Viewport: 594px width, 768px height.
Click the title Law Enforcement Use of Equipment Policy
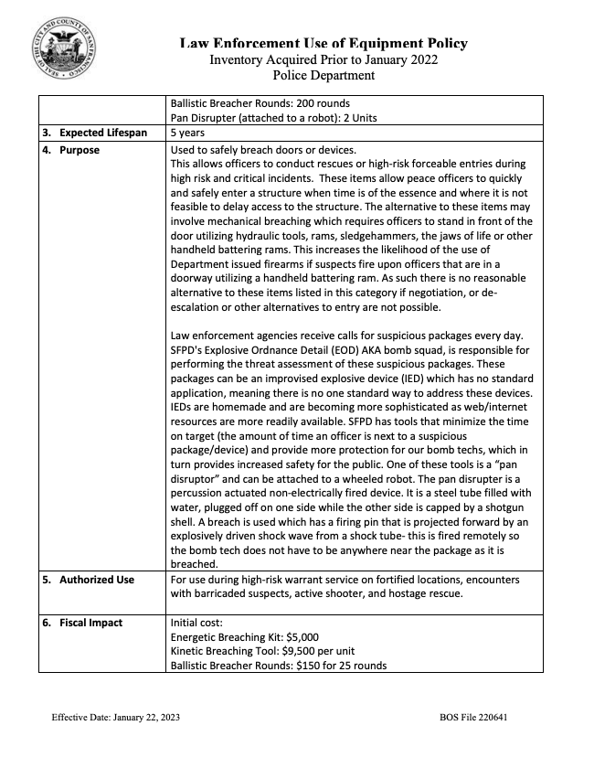click(x=324, y=43)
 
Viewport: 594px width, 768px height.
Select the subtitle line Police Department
click(x=324, y=75)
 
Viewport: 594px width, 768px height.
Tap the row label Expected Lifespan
click(x=101, y=133)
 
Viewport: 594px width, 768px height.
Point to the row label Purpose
click(x=80, y=150)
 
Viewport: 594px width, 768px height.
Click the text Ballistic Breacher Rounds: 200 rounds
click(x=260, y=103)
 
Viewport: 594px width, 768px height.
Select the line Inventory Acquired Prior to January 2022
click(x=324, y=59)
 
